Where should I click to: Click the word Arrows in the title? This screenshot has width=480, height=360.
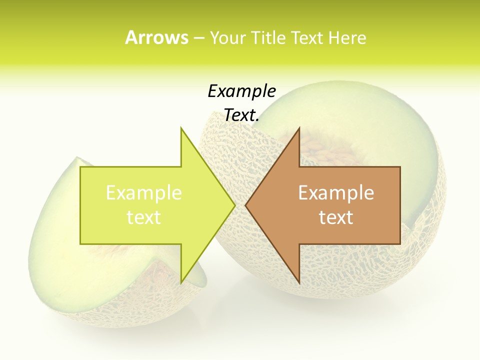pyautogui.click(x=156, y=37)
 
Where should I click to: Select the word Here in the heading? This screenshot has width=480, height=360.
pyautogui.click(x=347, y=37)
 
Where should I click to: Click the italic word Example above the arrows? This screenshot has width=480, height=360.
pyautogui.click(x=241, y=91)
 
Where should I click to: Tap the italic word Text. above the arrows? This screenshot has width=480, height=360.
pyautogui.click(x=241, y=115)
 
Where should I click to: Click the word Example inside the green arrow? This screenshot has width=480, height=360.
pyautogui.click(x=143, y=193)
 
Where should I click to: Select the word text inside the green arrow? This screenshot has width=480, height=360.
pyautogui.click(x=143, y=217)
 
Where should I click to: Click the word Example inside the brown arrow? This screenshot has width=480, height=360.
pyautogui.click(x=336, y=193)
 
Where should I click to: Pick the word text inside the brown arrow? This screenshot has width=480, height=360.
pyautogui.click(x=336, y=217)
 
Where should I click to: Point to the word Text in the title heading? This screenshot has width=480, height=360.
pyautogui.click(x=306, y=37)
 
